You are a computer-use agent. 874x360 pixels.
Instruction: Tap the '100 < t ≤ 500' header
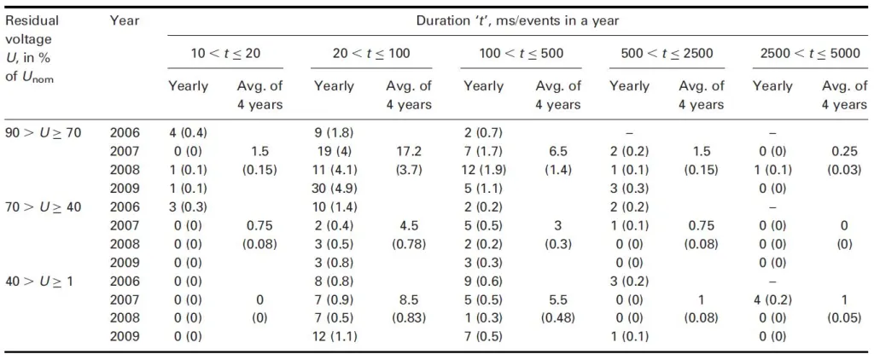[521, 54]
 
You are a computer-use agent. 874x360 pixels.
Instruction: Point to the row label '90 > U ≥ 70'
[44, 133]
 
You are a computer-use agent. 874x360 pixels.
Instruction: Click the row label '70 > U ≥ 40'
[44, 206]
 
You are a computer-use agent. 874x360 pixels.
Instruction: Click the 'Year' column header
[125, 21]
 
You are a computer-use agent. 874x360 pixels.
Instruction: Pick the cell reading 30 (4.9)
[335, 188]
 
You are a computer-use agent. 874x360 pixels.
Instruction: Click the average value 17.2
[409, 152]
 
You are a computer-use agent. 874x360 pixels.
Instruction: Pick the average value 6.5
[558, 152]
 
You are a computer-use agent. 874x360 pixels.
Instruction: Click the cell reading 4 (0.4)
[189, 133]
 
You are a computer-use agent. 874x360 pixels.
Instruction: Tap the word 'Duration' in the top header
[438, 21]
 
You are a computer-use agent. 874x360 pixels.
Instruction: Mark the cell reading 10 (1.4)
[335, 206]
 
